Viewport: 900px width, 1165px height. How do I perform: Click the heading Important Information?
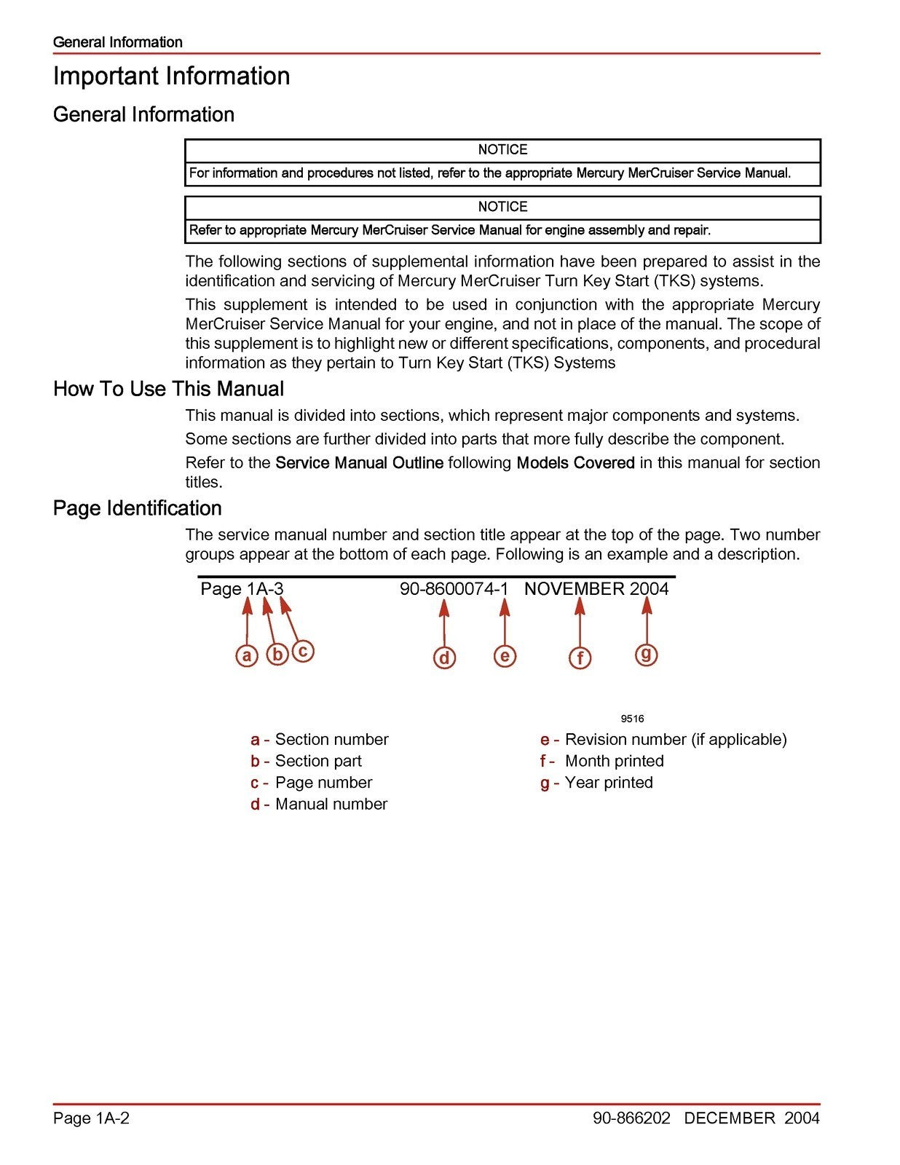coord(171,76)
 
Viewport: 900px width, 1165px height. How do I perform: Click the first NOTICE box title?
coord(502,150)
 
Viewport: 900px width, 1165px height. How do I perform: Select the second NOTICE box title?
coord(502,207)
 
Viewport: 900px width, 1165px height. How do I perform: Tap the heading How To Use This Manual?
coord(168,389)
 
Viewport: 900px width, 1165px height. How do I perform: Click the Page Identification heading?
coord(137,508)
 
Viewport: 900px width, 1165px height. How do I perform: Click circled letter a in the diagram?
coord(247,655)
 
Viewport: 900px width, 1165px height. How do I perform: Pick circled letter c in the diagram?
coord(303,650)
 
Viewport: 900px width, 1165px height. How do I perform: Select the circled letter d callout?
coord(444,657)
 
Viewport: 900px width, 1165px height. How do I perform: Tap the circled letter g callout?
coord(646,654)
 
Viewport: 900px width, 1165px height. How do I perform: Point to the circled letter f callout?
coord(580,658)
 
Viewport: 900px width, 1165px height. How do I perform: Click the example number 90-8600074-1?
coord(454,589)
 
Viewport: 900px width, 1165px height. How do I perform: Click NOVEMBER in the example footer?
coord(574,589)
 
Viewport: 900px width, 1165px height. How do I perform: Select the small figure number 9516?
coord(632,719)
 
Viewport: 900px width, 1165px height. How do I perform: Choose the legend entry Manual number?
coord(331,805)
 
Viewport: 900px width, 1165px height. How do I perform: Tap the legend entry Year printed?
coord(608,783)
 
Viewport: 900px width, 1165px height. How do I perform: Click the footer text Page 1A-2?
coord(91,1118)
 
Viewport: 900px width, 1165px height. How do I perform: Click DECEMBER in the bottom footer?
coord(730,1118)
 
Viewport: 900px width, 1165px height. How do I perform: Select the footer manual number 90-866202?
coord(631,1118)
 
